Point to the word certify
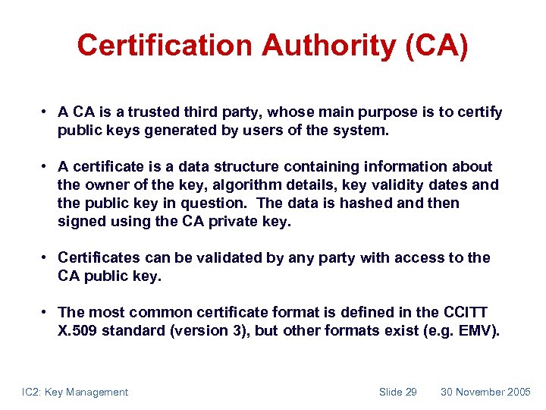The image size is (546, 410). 479,112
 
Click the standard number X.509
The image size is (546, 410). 80,330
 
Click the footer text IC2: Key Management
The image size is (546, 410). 75,392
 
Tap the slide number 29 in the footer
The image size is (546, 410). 409,392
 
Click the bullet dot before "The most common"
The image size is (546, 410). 46,312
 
